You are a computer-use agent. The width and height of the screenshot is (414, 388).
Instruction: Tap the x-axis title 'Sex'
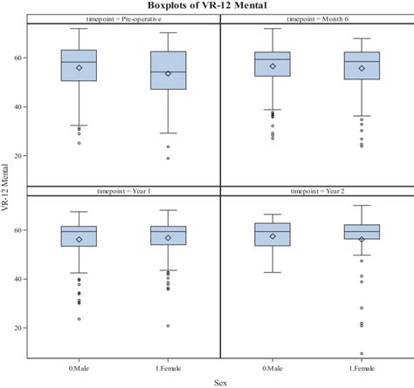(220, 381)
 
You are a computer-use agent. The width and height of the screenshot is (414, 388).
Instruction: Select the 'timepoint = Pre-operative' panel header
(123, 17)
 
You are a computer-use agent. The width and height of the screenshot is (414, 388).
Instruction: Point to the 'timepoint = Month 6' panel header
(316, 17)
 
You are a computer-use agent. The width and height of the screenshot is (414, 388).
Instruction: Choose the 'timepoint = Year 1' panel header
(123, 189)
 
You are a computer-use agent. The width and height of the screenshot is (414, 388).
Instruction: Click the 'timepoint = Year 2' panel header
(316, 189)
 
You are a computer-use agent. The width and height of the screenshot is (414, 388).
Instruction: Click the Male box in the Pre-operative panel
(79, 65)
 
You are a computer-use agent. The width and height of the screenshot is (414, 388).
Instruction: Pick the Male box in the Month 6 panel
(273, 64)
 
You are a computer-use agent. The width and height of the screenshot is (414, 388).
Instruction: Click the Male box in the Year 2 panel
(273, 234)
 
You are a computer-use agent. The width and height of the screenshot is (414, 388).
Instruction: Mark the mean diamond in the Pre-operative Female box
(169, 73)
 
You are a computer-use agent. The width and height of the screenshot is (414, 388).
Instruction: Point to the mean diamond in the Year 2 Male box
(273, 236)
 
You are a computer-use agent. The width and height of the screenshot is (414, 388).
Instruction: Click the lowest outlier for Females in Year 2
(362, 354)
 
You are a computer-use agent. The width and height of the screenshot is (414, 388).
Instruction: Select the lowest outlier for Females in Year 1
(169, 326)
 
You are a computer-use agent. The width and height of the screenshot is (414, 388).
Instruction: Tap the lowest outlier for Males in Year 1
(79, 319)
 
